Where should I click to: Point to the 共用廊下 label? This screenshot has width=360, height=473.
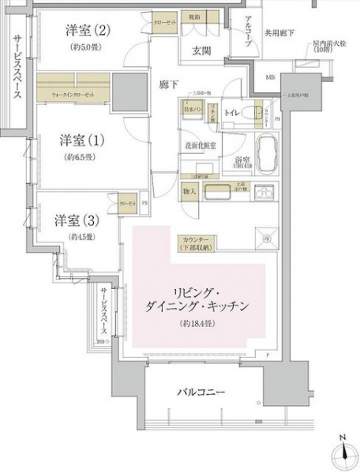coord(281,34)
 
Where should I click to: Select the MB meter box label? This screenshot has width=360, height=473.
coord(271,78)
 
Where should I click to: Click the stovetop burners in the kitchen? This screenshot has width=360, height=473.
coord(262,191)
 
